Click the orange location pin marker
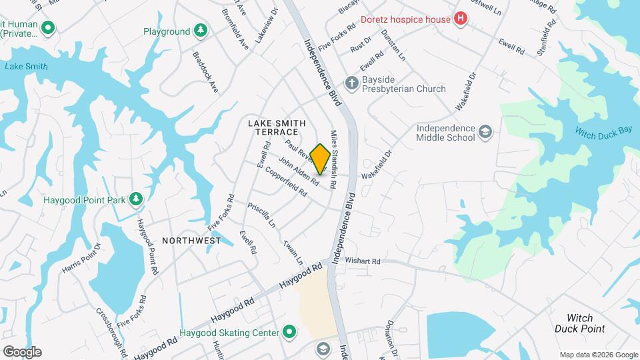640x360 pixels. coord(320,159)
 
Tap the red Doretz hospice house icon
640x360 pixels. coord(460,19)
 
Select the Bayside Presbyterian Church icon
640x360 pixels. coord(351,83)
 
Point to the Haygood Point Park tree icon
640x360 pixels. coord(136,199)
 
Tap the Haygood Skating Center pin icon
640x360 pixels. coord(289,331)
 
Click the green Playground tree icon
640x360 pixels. coord(200,31)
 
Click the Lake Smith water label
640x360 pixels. coord(26,67)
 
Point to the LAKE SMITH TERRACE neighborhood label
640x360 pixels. coord(277,127)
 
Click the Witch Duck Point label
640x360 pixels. coord(580,323)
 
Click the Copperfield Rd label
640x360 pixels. coord(285,181)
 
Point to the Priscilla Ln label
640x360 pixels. coord(261,215)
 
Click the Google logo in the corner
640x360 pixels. coord(22,351)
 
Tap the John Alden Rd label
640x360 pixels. coord(298,171)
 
